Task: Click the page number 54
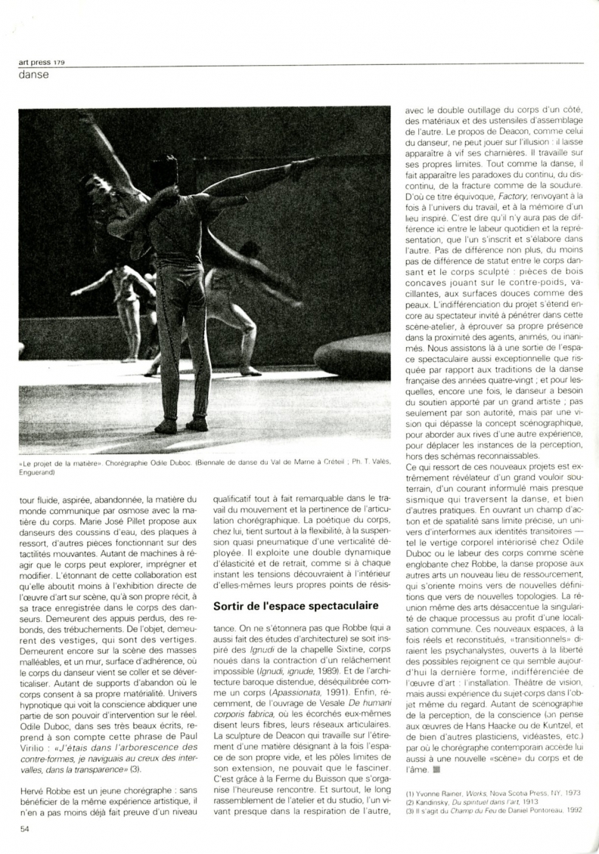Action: [x=24, y=828]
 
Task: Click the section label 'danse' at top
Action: [x=35, y=75]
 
